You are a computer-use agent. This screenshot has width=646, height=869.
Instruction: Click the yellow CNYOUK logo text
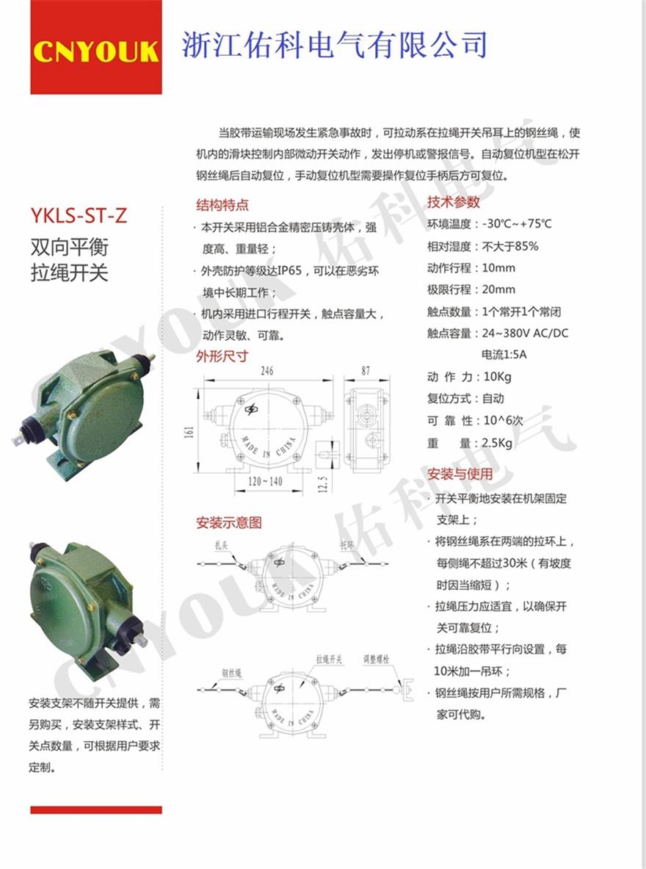click(x=96, y=51)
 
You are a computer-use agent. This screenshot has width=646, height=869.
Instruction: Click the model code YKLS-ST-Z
click(x=79, y=215)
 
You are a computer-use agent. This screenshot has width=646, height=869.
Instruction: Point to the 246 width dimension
click(x=267, y=370)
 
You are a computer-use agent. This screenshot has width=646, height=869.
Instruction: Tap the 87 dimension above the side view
click(x=366, y=370)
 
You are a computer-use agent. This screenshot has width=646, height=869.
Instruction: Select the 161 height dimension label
click(x=189, y=432)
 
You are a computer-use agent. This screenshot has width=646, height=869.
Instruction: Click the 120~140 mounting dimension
click(x=265, y=481)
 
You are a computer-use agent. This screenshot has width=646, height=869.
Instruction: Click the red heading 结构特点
click(x=222, y=205)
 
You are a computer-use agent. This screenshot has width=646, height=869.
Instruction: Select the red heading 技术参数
click(x=453, y=202)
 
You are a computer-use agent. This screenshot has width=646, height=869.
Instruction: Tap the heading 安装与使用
click(x=460, y=474)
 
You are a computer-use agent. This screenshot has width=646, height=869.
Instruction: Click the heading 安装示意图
click(x=229, y=522)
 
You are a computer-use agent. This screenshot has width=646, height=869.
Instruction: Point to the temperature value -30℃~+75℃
click(x=517, y=224)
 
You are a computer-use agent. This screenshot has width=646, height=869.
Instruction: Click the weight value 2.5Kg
click(x=497, y=443)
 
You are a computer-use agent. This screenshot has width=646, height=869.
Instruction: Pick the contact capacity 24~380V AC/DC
click(x=525, y=333)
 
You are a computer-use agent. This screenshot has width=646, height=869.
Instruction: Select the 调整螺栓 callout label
click(x=376, y=659)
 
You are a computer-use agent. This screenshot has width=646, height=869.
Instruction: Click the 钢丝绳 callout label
click(x=231, y=673)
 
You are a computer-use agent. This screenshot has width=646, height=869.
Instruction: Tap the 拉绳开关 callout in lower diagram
click(x=329, y=659)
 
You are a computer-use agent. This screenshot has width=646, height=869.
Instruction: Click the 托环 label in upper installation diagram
click(x=346, y=545)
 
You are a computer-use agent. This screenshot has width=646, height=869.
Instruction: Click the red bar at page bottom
click(x=96, y=809)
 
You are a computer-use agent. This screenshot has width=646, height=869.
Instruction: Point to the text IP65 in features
click(x=290, y=270)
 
